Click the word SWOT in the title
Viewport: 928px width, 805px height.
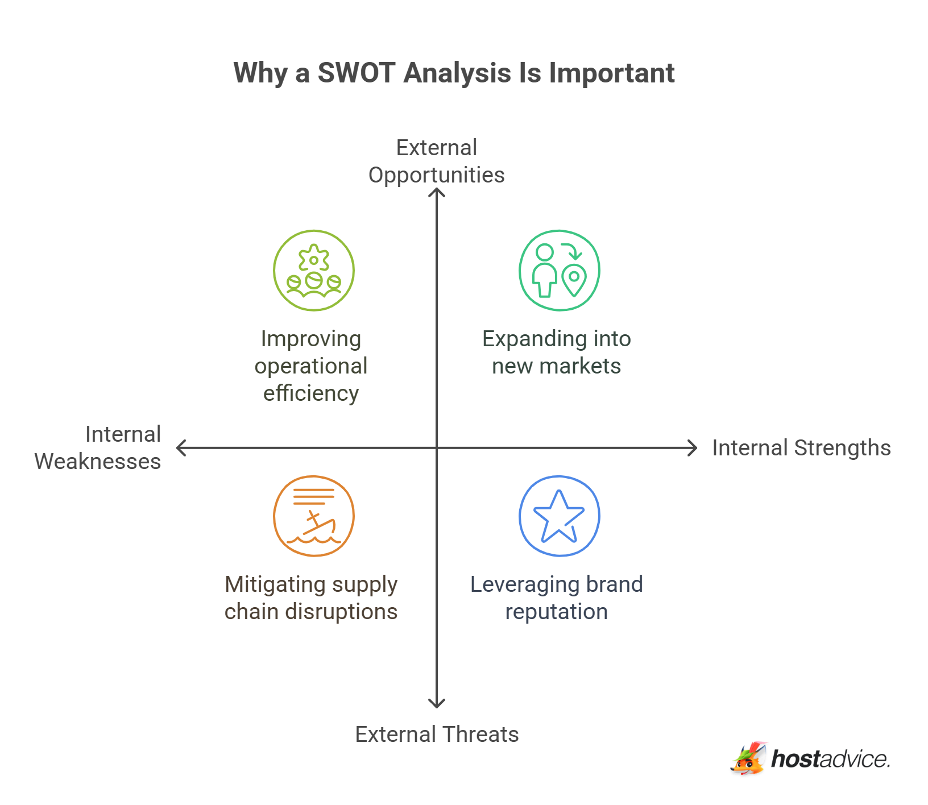pos(356,73)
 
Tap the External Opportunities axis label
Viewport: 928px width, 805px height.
pos(436,161)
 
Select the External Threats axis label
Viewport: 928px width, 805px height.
pos(437,734)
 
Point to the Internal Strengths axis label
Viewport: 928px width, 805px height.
pos(801,448)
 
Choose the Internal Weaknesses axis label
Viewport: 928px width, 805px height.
pos(98,448)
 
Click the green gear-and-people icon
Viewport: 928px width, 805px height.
pos(314,271)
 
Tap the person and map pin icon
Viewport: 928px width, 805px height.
pos(559,271)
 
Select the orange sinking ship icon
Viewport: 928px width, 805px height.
pos(314,516)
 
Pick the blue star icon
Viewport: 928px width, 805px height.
pos(559,516)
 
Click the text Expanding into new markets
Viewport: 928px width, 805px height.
pos(556,352)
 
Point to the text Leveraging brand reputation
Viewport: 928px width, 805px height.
pos(556,598)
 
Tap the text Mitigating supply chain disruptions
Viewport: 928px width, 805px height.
pos(311,598)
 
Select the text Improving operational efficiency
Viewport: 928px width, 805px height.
pos(311,366)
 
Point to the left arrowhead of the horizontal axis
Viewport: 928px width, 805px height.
pos(180,448)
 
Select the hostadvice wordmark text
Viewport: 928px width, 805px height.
pos(830,760)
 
